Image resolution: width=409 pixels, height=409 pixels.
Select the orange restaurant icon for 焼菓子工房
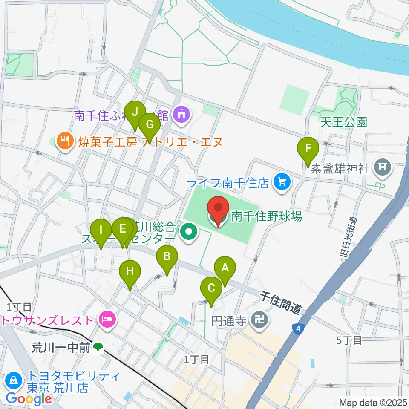click(65, 141)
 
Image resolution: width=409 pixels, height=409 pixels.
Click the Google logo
click(29, 399)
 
